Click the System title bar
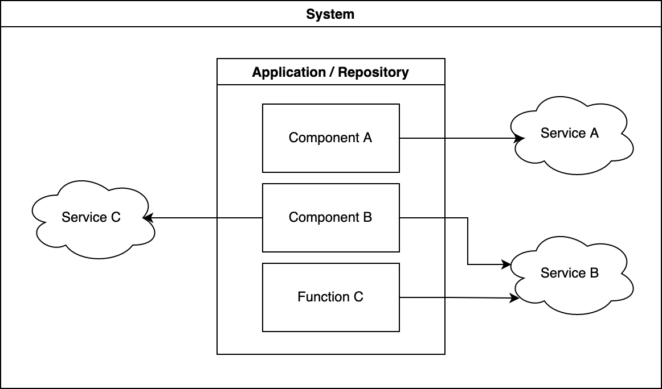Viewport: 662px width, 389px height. pyautogui.click(x=330, y=14)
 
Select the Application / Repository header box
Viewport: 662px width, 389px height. pyautogui.click(x=330, y=72)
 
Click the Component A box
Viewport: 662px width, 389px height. pyautogui.click(x=330, y=138)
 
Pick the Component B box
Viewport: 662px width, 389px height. pyautogui.click(x=330, y=217)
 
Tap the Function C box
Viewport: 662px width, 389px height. pyautogui.click(x=330, y=297)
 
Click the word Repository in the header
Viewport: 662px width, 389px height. pyautogui.click(x=373, y=73)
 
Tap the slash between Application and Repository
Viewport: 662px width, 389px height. pyautogui.click(x=332, y=73)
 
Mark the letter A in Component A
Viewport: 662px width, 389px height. pyautogui.click(x=367, y=138)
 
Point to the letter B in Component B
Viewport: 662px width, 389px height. pyautogui.click(x=367, y=217)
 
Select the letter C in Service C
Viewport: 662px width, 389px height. pyautogui.click(x=116, y=217)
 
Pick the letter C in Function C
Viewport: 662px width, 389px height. pyautogui.click(x=358, y=297)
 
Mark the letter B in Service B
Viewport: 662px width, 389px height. pyautogui.click(x=594, y=273)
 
